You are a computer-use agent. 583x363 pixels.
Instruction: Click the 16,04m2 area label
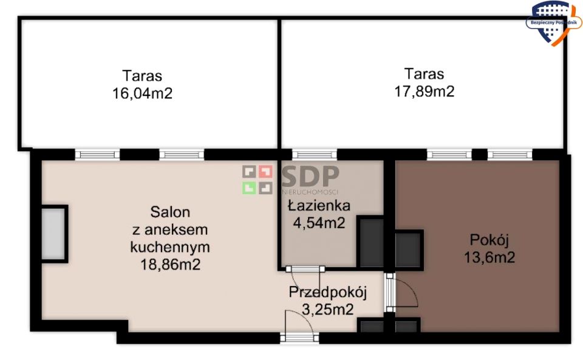pyautogui.click(x=142, y=93)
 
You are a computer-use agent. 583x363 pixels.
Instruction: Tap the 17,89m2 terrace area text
pyautogui.click(x=424, y=92)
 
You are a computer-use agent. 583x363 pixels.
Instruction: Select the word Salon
pyautogui.click(x=170, y=212)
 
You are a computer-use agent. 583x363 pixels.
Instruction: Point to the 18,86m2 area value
pyautogui.click(x=170, y=265)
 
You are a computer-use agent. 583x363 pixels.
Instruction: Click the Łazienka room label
pyautogui.click(x=319, y=205)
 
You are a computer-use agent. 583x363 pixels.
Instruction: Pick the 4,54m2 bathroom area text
pyautogui.click(x=319, y=223)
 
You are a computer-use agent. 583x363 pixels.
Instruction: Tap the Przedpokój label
pyautogui.click(x=328, y=293)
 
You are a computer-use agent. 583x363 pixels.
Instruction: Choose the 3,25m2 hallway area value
pyautogui.click(x=327, y=309)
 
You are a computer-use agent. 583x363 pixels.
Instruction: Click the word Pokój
pyautogui.click(x=489, y=240)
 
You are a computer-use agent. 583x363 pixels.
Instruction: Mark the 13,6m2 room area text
pyautogui.click(x=489, y=257)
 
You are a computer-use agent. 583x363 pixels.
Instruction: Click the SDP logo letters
pyautogui.click(x=310, y=176)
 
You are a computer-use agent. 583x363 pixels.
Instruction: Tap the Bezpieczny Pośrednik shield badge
pyautogui.click(x=553, y=22)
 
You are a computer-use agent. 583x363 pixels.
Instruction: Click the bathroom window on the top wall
pyautogui.click(x=314, y=154)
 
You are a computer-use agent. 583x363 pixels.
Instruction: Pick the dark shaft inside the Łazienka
pyautogui.click(x=370, y=242)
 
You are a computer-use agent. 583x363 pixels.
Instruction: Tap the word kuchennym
pyautogui.click(x=170, y=247)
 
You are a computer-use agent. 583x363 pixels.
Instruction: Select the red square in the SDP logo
pyautogui.click(x=265, y=172)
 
